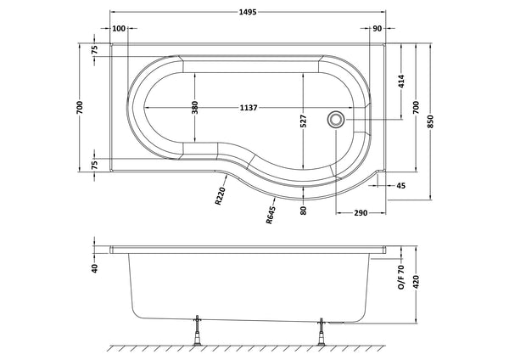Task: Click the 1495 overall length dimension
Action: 248,11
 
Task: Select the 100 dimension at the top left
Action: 119,29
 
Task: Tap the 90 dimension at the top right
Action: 376,29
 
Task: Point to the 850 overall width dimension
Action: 435,122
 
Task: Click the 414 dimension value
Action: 398,82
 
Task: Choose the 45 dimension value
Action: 399,185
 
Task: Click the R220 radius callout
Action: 220,198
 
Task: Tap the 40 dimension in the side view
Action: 94,268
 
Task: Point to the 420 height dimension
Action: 417,281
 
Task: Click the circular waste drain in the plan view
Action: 337,121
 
